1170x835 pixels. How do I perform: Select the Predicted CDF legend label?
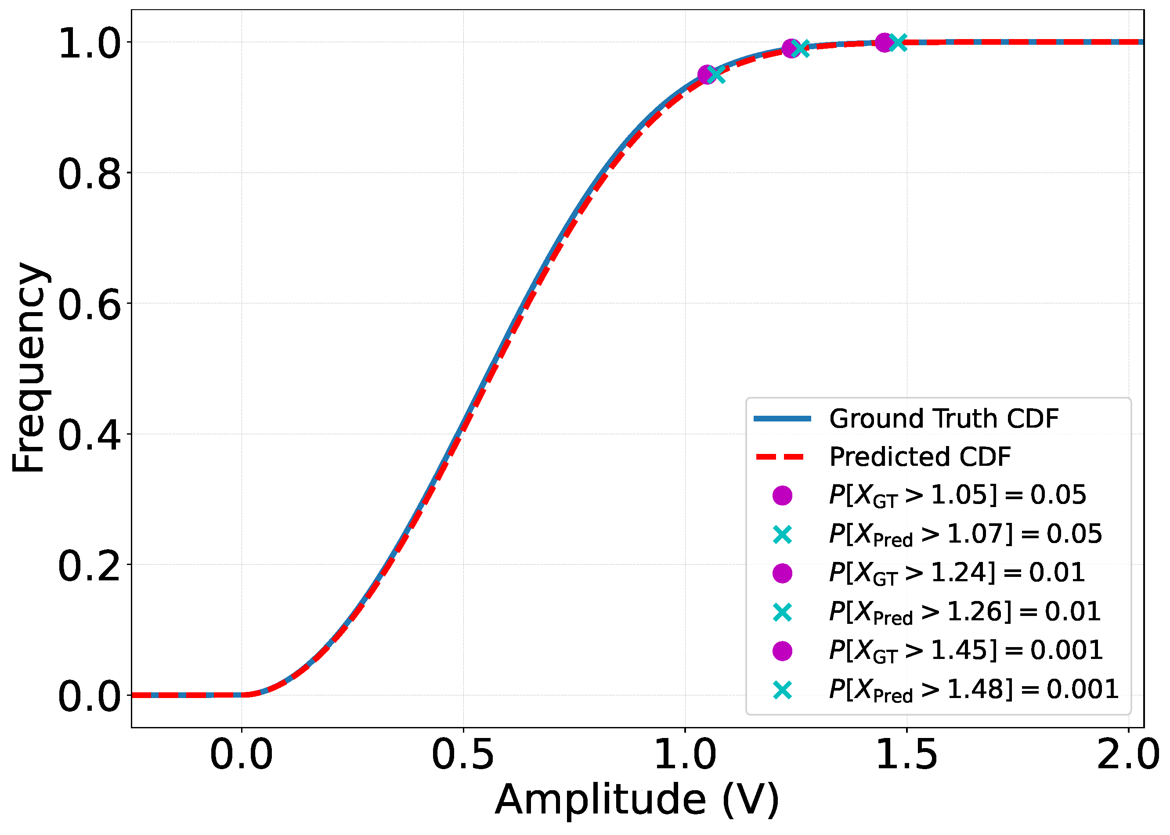[920, 457]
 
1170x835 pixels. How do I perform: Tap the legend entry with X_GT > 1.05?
[957, 495]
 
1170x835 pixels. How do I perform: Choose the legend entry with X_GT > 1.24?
[957, 573]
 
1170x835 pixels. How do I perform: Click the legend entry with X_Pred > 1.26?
[964, 612]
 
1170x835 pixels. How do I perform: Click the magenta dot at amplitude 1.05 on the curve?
[707, 75]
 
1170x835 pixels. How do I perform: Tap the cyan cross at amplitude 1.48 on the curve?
[898, 43]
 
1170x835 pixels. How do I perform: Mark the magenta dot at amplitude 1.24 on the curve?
[791, 48]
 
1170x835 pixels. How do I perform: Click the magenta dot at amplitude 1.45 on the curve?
[884, 43]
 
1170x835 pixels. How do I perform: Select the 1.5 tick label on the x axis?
[906, 755]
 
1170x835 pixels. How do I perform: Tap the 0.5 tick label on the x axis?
[463, 755]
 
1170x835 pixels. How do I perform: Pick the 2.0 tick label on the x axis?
[1127, 755]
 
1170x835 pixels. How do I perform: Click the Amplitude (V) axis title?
[637, 800]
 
